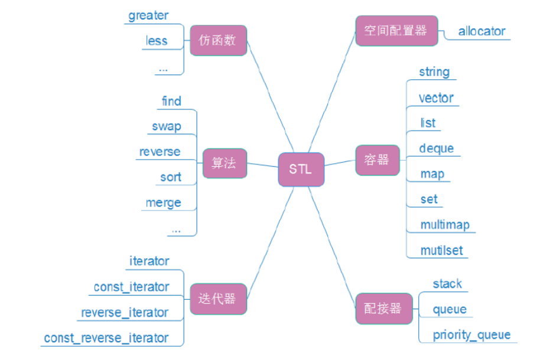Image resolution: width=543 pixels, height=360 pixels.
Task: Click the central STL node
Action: (301, 169)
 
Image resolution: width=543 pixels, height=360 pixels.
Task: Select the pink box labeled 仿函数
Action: (218, 41)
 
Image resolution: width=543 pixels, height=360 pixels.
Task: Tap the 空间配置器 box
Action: (395, 31)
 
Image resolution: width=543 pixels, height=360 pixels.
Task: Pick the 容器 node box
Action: (377, 160)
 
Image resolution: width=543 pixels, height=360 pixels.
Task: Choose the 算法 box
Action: (224, 164)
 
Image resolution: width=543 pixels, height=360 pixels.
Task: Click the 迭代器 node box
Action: (218, 299)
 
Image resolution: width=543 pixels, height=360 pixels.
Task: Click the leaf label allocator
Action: (482, 31)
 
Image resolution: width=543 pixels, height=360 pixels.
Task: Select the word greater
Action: (148, 15)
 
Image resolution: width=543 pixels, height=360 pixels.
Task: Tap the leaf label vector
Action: (436, 98)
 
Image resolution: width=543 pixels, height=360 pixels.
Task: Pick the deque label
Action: (436, 148)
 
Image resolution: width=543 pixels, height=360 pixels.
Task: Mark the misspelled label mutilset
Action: (441, 250)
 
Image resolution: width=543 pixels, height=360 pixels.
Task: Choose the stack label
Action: (447, 284)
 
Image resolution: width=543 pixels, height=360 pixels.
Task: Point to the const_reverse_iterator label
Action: (106, 338)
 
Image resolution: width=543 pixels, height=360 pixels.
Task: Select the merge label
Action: (163, 203)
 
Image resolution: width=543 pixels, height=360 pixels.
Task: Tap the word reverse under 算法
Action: (160, 152)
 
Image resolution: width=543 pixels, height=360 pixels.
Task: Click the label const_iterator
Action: (131, 287)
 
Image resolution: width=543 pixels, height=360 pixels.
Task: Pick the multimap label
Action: (444, 225)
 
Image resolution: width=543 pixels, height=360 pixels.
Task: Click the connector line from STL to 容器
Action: (340, 164)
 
